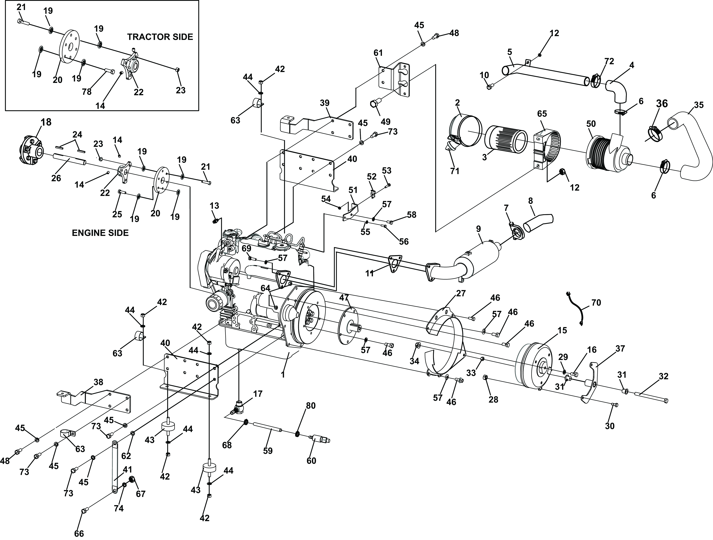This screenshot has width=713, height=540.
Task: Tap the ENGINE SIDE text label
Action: coord(100,233)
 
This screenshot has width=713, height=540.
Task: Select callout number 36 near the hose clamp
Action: coord(662,104)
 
